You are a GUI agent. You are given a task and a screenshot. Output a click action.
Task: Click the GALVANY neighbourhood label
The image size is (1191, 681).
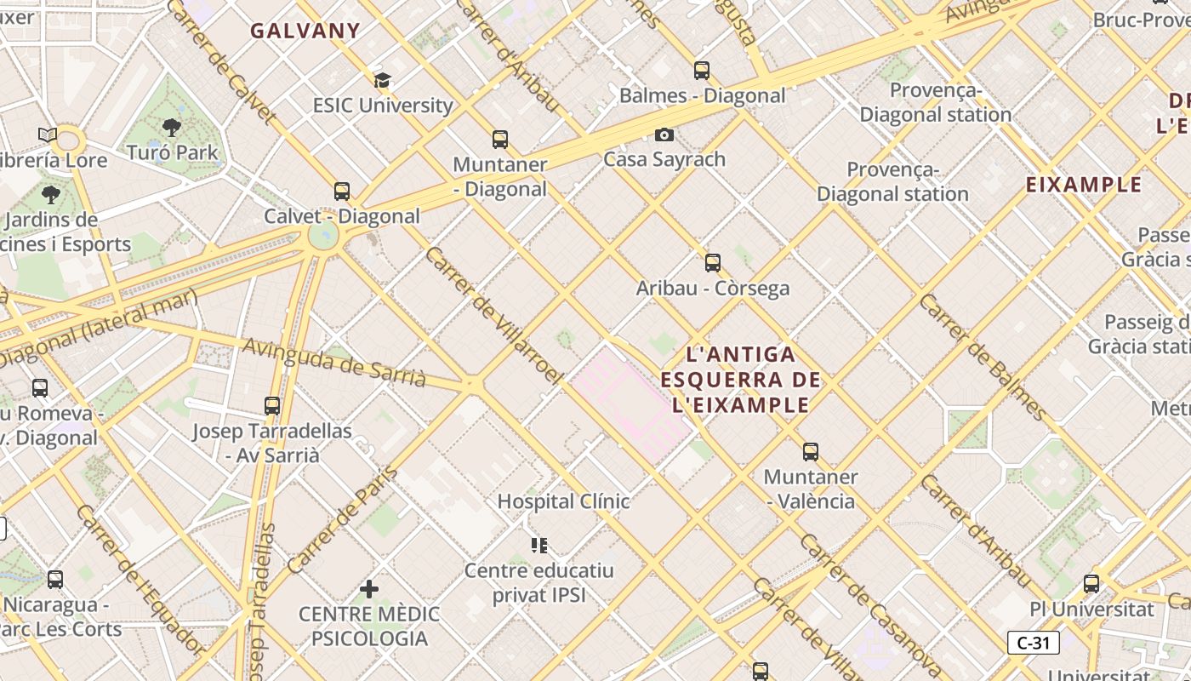coord(305,31)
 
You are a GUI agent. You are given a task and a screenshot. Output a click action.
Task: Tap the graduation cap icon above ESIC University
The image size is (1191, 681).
coord(383,80)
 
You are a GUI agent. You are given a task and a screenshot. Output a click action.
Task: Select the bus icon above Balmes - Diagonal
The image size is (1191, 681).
coord(702,71)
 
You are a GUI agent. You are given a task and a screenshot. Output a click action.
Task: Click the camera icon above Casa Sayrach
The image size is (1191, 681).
coord(664,134)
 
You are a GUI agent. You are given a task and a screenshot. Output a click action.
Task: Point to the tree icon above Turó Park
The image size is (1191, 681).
coord(172,128)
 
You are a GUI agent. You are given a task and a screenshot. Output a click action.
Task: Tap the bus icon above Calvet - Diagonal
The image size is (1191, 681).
coord(342,192)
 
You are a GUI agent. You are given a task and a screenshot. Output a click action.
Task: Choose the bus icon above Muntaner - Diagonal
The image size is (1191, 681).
coord(500,140)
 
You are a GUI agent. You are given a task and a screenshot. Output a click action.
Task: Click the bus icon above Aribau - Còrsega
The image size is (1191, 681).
coord(713,263)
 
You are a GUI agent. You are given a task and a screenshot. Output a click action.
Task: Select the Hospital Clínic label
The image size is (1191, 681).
coord(563,501)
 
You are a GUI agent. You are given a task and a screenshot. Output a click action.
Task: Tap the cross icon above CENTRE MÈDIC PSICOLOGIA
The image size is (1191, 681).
coord(369,588)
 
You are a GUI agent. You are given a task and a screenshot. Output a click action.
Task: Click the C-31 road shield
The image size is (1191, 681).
coord(1033,643)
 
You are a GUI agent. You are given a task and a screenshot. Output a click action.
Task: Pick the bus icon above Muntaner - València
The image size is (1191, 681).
coord(811,452)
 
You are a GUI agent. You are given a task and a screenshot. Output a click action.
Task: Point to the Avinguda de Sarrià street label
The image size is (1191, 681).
coord(334,362)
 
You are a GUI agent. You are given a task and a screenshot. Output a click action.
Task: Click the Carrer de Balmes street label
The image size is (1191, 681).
coord(983,358)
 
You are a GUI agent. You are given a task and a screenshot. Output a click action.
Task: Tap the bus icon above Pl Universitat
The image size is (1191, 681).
coord(1091,584)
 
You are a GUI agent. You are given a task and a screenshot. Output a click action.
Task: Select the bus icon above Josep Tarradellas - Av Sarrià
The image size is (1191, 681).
coord(272,406)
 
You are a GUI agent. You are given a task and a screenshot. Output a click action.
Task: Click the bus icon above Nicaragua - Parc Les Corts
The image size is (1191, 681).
coord(55,580)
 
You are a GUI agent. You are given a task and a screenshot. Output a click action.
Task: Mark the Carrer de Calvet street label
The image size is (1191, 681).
coord(223,62)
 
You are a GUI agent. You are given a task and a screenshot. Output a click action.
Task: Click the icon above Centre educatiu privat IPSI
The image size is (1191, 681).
coord(539,545)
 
